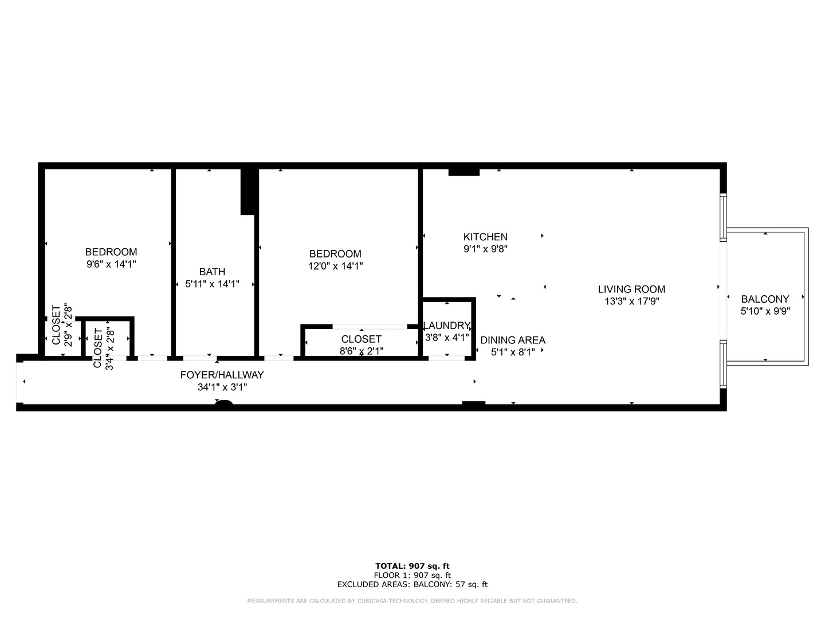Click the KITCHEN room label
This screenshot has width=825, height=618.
click(485, 237)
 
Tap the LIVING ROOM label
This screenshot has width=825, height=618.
click(631, 290)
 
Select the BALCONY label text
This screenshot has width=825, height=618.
click(765, 299)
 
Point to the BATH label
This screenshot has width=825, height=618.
click(212, 272)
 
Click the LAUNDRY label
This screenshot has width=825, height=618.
click(447, 326)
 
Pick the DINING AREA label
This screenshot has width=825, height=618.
click(513, 340)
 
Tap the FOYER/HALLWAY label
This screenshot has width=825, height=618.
click(222, 375)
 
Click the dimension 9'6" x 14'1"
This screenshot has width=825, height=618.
click(111, 264)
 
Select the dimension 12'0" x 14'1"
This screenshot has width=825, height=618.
click(336, 266)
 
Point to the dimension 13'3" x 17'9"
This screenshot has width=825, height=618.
click(631, 302)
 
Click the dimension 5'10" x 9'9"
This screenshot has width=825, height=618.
click(765, 311)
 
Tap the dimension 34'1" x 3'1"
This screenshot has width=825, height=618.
click(222, 387)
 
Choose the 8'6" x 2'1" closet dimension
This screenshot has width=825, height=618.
click(361, 351)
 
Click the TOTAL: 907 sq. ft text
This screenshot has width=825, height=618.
click(412, 566)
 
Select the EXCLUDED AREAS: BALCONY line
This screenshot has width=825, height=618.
click(412, 585)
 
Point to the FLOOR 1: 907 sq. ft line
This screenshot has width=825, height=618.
click(412, 576)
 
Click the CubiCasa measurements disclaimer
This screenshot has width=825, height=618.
click(412, 601)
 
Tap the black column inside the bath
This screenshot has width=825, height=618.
click(247, 192)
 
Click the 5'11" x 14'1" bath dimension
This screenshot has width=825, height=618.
click(212, 284)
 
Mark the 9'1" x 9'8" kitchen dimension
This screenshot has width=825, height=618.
click(485, 249)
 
